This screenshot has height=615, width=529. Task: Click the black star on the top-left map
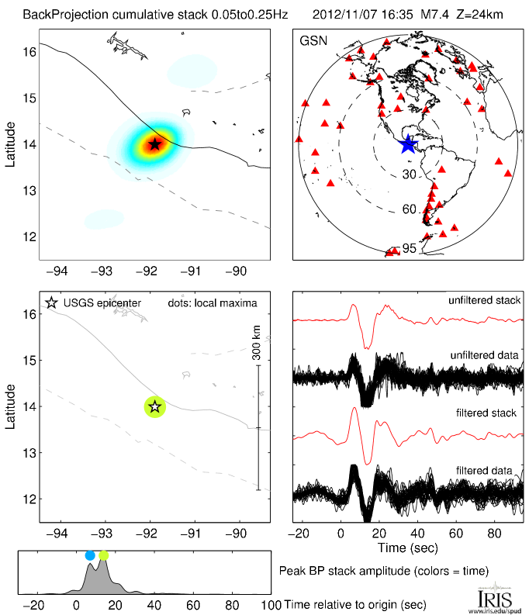tap(154, 143)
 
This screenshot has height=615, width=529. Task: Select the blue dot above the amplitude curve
tap(90, 555)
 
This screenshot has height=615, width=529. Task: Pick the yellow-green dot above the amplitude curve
tap(104, 555)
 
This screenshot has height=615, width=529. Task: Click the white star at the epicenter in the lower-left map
tap(154, 406)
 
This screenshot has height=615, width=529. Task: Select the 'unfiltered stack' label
tap(484, 300)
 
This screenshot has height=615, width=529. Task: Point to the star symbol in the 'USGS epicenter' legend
tap(52, 303)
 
